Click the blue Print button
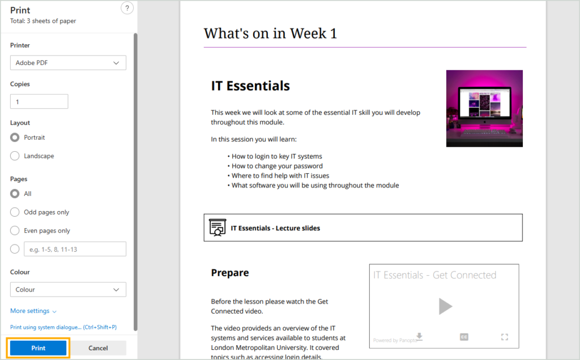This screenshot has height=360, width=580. point(38,348)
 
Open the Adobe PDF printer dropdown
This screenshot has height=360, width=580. point(68,63)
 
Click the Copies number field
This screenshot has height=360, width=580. point(39,102)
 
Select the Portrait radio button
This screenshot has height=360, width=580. point(15,138)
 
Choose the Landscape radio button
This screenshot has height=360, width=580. point(15,156)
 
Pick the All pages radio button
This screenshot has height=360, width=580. point(15,194)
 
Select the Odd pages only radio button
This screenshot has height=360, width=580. point(15,212)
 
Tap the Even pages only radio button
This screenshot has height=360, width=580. point(15,230)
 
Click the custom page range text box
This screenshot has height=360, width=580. point(75,249)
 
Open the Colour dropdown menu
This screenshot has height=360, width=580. point(68,290)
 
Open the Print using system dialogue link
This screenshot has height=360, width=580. point(63,327)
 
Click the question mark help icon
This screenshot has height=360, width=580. point(127,8)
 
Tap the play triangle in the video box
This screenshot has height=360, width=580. point(445,306)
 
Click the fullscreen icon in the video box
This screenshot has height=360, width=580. point(505,337)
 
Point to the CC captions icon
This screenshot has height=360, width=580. point(464,337)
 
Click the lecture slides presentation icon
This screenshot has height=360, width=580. point(217,228)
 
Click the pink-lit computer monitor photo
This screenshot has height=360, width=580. point(485,109)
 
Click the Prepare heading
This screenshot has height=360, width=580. point(230,273)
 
